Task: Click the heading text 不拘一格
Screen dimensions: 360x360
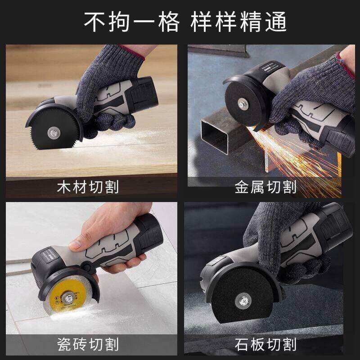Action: [x=131, y=22]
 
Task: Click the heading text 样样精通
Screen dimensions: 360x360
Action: [x=238, y=22]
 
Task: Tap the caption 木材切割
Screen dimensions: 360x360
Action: [x=88, y=187]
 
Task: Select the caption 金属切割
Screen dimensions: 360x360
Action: [x=265, y=187]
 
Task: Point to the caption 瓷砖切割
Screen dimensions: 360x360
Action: [x=88, y=344]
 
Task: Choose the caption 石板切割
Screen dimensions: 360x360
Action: [x=265, y=344]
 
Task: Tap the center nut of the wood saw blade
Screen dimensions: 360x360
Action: [x=54, y=133]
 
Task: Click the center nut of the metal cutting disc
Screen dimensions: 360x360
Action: [x=243, y=104]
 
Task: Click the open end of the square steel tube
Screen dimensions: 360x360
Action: [x=214, y=136]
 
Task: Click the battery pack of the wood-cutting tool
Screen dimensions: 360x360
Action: [x=144, y=95]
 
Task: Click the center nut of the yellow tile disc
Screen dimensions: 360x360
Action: [x=68, y=298]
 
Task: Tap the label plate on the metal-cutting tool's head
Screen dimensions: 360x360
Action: [x=271, y=67]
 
